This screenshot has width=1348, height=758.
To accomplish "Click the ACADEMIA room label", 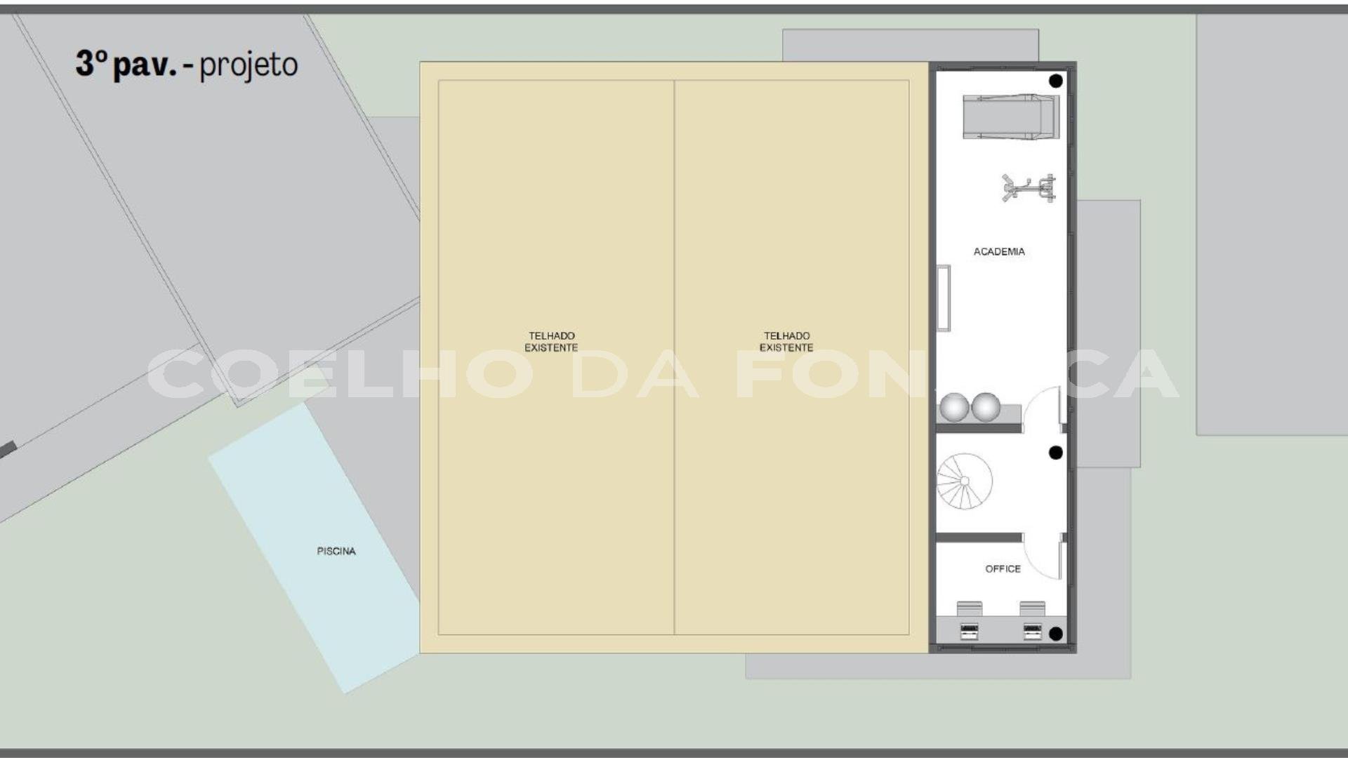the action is [x=999, y=251].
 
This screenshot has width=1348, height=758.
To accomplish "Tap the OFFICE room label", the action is [x=1003, y=568].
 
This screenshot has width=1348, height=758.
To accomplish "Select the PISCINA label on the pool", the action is [x=336, y=551].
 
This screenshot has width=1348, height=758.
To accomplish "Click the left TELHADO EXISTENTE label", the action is [x=551, y=342].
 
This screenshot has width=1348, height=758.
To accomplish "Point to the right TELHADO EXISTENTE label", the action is [x=786, y=342].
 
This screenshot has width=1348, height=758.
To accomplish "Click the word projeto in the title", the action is [x=249, y=65].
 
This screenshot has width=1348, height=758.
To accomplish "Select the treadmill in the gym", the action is [x=1011, y=117].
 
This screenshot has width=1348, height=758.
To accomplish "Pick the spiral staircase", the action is [x=964, y=481].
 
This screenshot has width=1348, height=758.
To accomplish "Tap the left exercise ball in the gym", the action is [x=954, y=407].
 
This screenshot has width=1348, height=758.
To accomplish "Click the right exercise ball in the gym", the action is [x=986, y=407].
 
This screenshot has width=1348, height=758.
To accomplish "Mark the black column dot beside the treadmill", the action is [x=1055, y=81].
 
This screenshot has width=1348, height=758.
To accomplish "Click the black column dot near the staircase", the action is [x=1055, y=453].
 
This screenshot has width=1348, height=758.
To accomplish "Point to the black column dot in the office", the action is [x=1055, y=634].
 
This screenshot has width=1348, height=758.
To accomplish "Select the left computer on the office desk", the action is [x=970, y=631].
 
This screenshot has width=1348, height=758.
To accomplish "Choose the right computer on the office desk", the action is [x=1032, y=631].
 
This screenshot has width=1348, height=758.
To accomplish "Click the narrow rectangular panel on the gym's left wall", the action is [x=944, y=298].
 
